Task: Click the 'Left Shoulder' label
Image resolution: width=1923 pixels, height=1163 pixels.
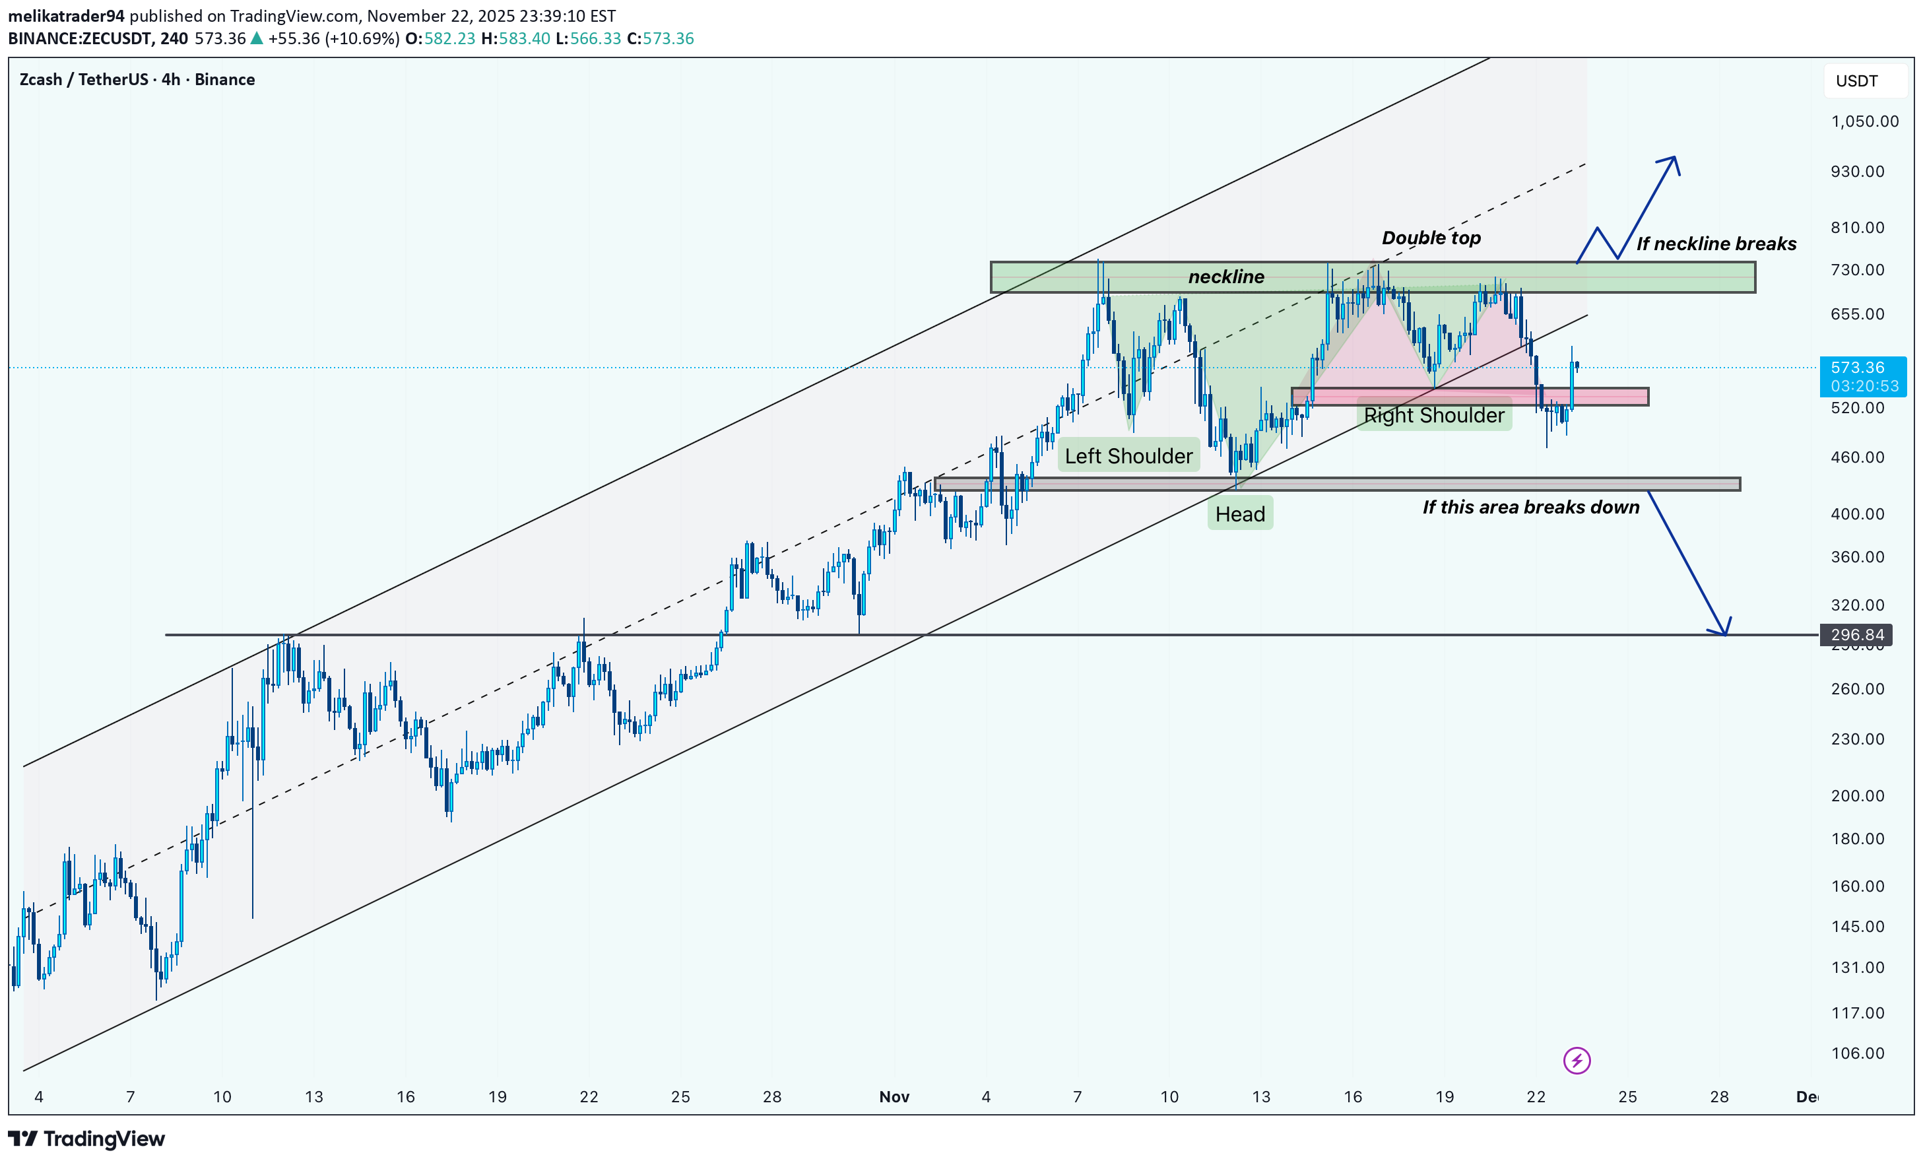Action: pyautogui.click(x=1128, y=456)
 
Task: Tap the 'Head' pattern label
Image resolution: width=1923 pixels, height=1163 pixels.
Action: pyautogui.click(x=1239, y=514)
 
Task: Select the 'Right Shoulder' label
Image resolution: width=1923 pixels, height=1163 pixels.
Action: pyautogui.click(x=1433, y=415)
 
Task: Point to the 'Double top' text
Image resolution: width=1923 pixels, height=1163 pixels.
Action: pyautogui.click(x=1431, y=238)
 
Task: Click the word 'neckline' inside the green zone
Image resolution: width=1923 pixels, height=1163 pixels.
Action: pyautogui.click(x=1225, y=277)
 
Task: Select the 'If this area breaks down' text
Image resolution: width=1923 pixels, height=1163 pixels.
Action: pyautogui.click(x=1530, y=508)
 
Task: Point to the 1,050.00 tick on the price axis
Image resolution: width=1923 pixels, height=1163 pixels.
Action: pyautogui.click(x=1864, y=121)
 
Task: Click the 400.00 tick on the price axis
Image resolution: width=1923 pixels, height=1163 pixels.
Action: pyautogui.click(x=1858, y=514)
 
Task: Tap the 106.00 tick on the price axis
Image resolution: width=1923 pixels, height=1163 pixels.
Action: pyautogui.click(x=1858, y=1053)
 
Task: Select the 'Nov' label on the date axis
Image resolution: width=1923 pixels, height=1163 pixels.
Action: pyautogui.click(x=894, y=1096)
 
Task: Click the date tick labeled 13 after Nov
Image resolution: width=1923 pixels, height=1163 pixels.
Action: pyautogui.click(x=1260, y=1096)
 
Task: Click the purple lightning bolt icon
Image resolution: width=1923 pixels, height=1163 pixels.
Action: pyautogui.click(x=1577, y=1061)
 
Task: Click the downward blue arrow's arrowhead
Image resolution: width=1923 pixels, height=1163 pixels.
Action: pyautogui.click(x=1722, y=631)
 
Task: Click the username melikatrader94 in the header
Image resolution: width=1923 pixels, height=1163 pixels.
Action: pyautogui.click(x=67, y=16)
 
